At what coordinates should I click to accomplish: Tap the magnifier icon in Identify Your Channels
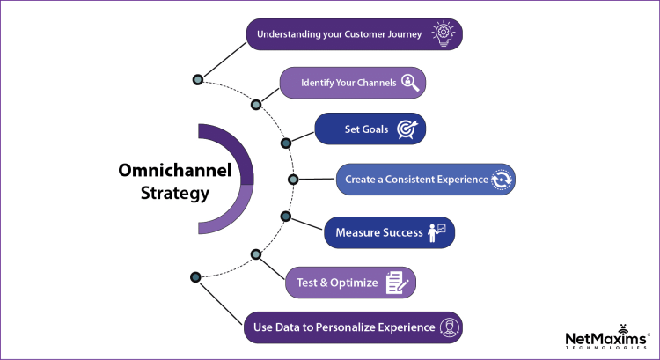click(x=409, y=83)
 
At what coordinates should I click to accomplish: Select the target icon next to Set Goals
click(x=407, y=130)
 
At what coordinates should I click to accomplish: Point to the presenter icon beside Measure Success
click(x=436, y=234)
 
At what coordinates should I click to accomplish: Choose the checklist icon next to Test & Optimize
click(x=395, y=283)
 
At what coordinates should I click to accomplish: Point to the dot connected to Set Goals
click(x=285, y=142)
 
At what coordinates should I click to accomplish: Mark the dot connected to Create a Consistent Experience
click(x=293, y=179)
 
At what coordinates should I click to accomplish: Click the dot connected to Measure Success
click(x=285, y=216)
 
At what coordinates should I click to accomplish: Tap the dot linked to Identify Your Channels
click(x=256, y=104)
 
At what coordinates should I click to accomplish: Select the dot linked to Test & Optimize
click(x=256, y=254)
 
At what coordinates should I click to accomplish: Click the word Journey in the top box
click(x=402, y=35)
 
